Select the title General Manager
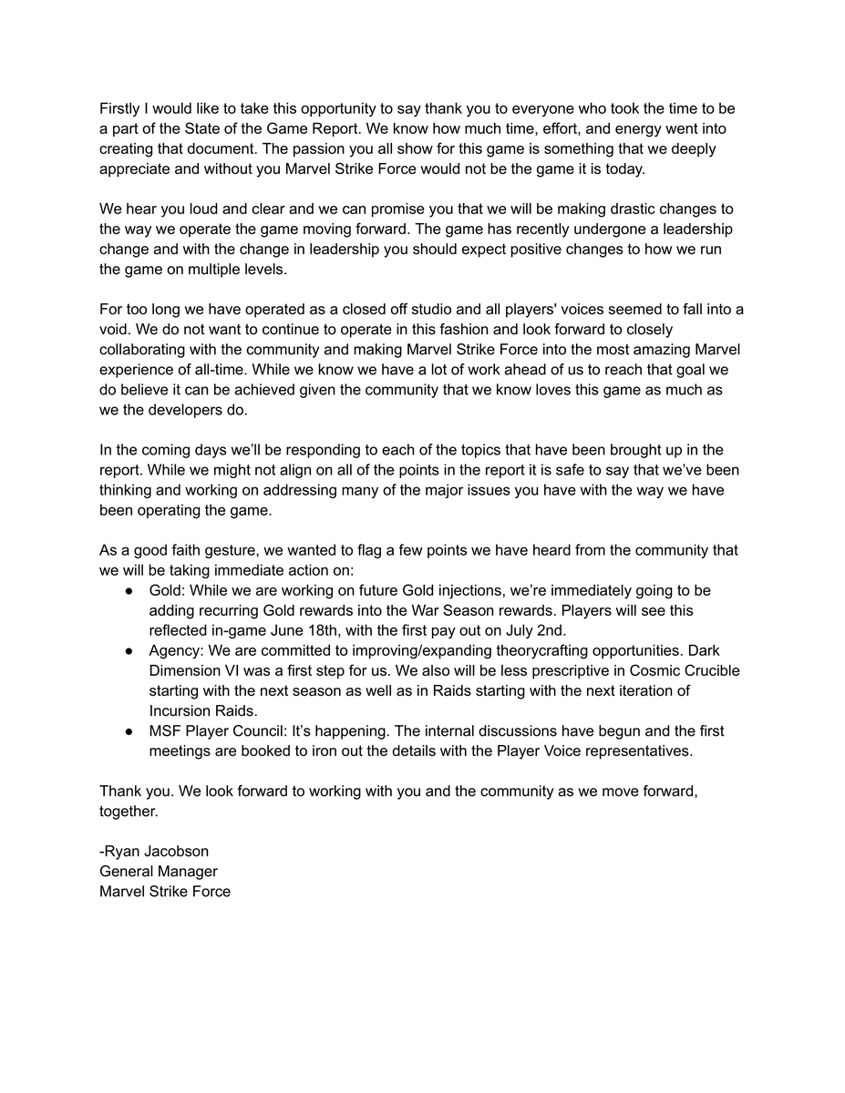pyautogui.click(x=159, y=872)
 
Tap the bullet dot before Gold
pyautogui.click(x=129, y=591)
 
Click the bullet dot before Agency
pyautogui.click(x=129, y=651)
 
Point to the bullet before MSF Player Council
pyautogui.click(x=129, y=731)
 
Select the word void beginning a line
pyautogui.click(x=114, y=330)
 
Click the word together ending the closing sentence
pyautogui.click(x=129, y=811)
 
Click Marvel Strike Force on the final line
pyautogui.click(x=165, y=892)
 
